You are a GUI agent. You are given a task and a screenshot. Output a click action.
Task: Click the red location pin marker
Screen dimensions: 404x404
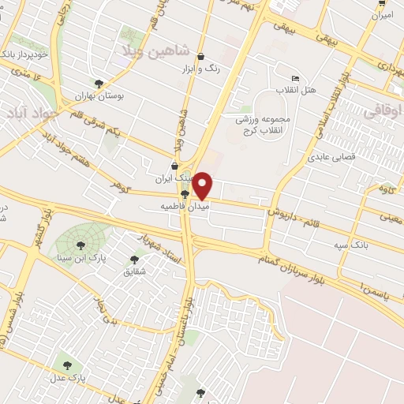204,185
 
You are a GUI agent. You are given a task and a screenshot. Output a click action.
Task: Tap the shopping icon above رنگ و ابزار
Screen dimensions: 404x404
202,57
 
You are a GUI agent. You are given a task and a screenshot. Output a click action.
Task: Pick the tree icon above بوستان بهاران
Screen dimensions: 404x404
99,84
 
